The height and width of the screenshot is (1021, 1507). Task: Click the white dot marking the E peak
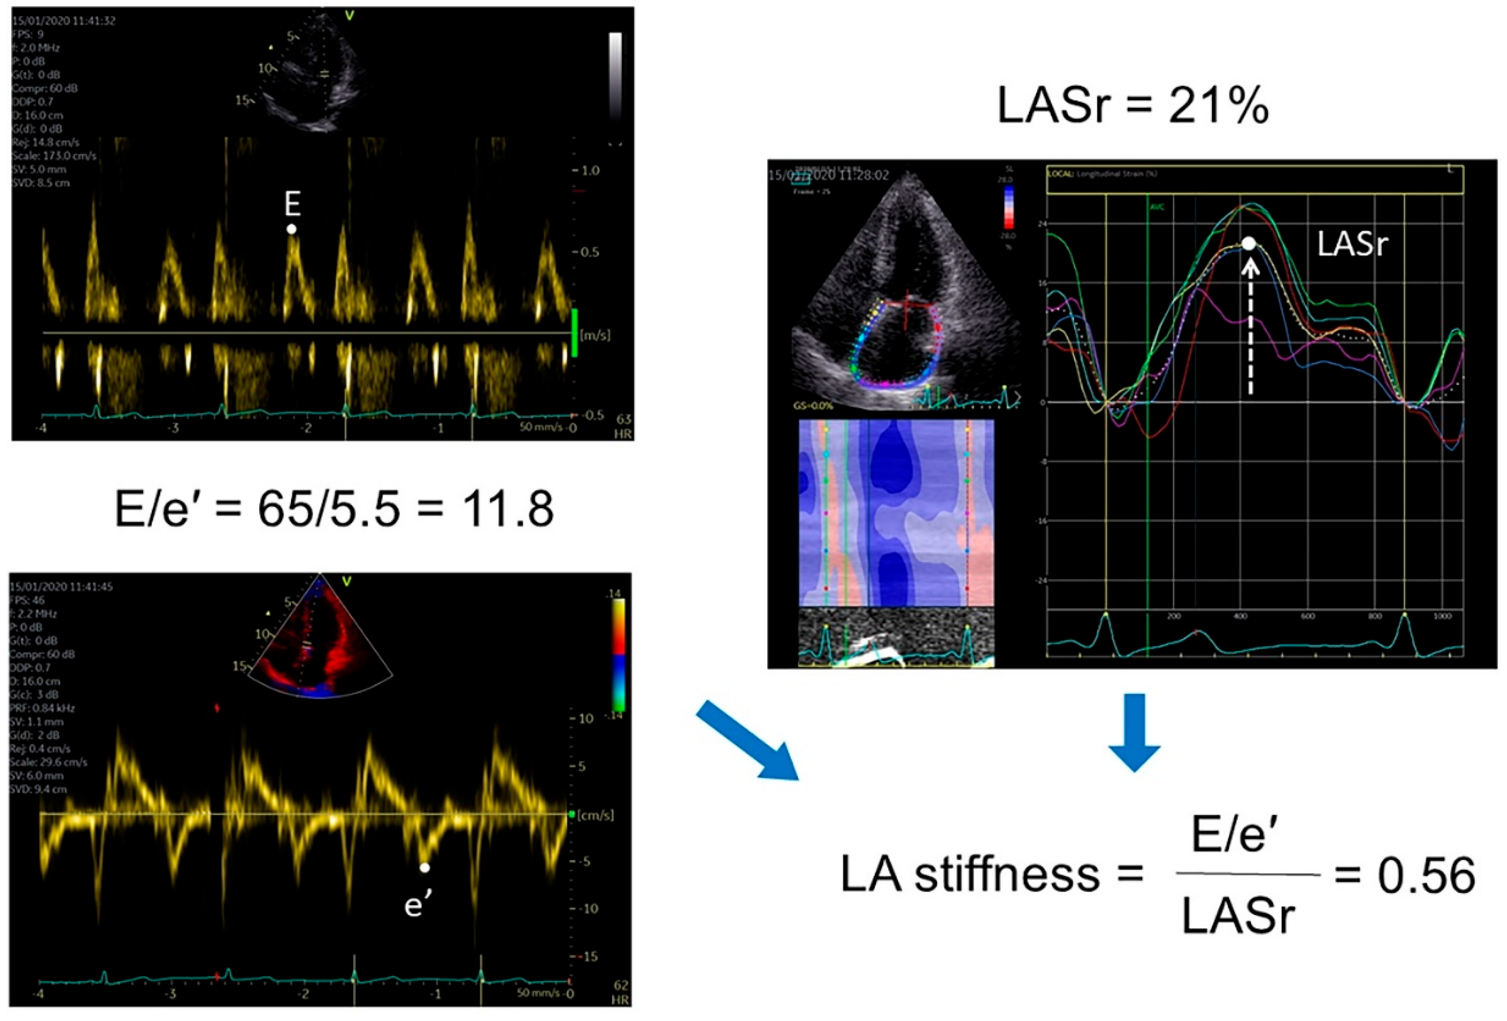[292, 229]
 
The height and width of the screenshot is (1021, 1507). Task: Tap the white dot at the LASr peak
[1249, 243]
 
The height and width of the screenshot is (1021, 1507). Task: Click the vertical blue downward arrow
[1134, 732]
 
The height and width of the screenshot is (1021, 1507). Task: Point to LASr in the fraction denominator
[1238, 916]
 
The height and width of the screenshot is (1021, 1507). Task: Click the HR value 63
[624, 419]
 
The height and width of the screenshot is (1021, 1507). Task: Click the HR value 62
[621, 986]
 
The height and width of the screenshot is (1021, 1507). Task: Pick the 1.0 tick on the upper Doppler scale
[590, 171]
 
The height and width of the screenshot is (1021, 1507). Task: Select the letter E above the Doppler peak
[292, 204]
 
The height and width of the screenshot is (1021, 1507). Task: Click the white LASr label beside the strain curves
[1352, 244]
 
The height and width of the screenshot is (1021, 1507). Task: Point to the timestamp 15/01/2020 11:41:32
[64, 21]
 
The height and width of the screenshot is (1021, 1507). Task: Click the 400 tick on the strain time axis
[1240, 616]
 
